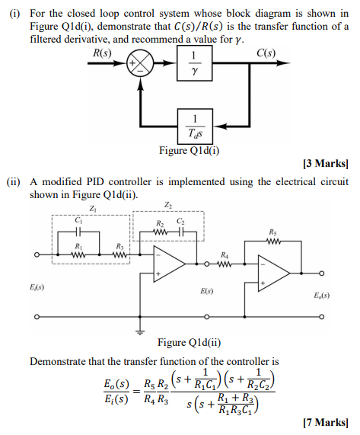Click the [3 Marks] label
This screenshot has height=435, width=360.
[325, 163]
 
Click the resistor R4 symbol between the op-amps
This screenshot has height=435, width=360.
[223, 264]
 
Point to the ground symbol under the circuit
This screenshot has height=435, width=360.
[139, 330]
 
